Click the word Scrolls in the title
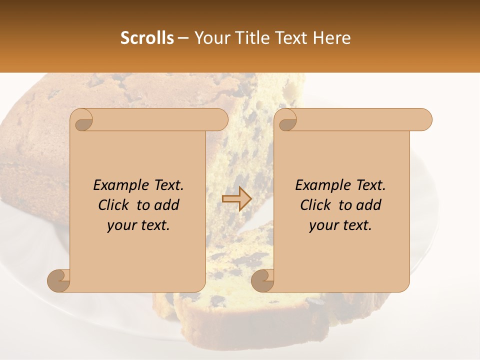pyautogui.click(x=147, y=37)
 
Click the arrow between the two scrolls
pyautogui.click(x=237, y=198)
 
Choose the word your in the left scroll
pyautogui.click(x=121, y=225)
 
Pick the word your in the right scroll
pyautogui.click(x=323, y=225)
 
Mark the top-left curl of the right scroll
pyautogui.click(x=287, y=120)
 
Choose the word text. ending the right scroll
pyautogui.click(x=356, y=225)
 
